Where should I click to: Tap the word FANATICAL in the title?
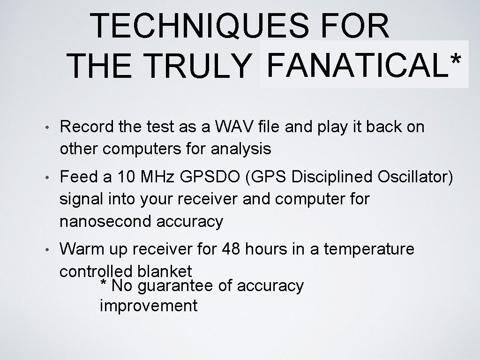[x=354, y=65]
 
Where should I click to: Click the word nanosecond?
[x=105, y=221]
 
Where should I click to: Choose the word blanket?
[x=165, y=271]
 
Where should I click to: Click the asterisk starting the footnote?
[x=104, y=284]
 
